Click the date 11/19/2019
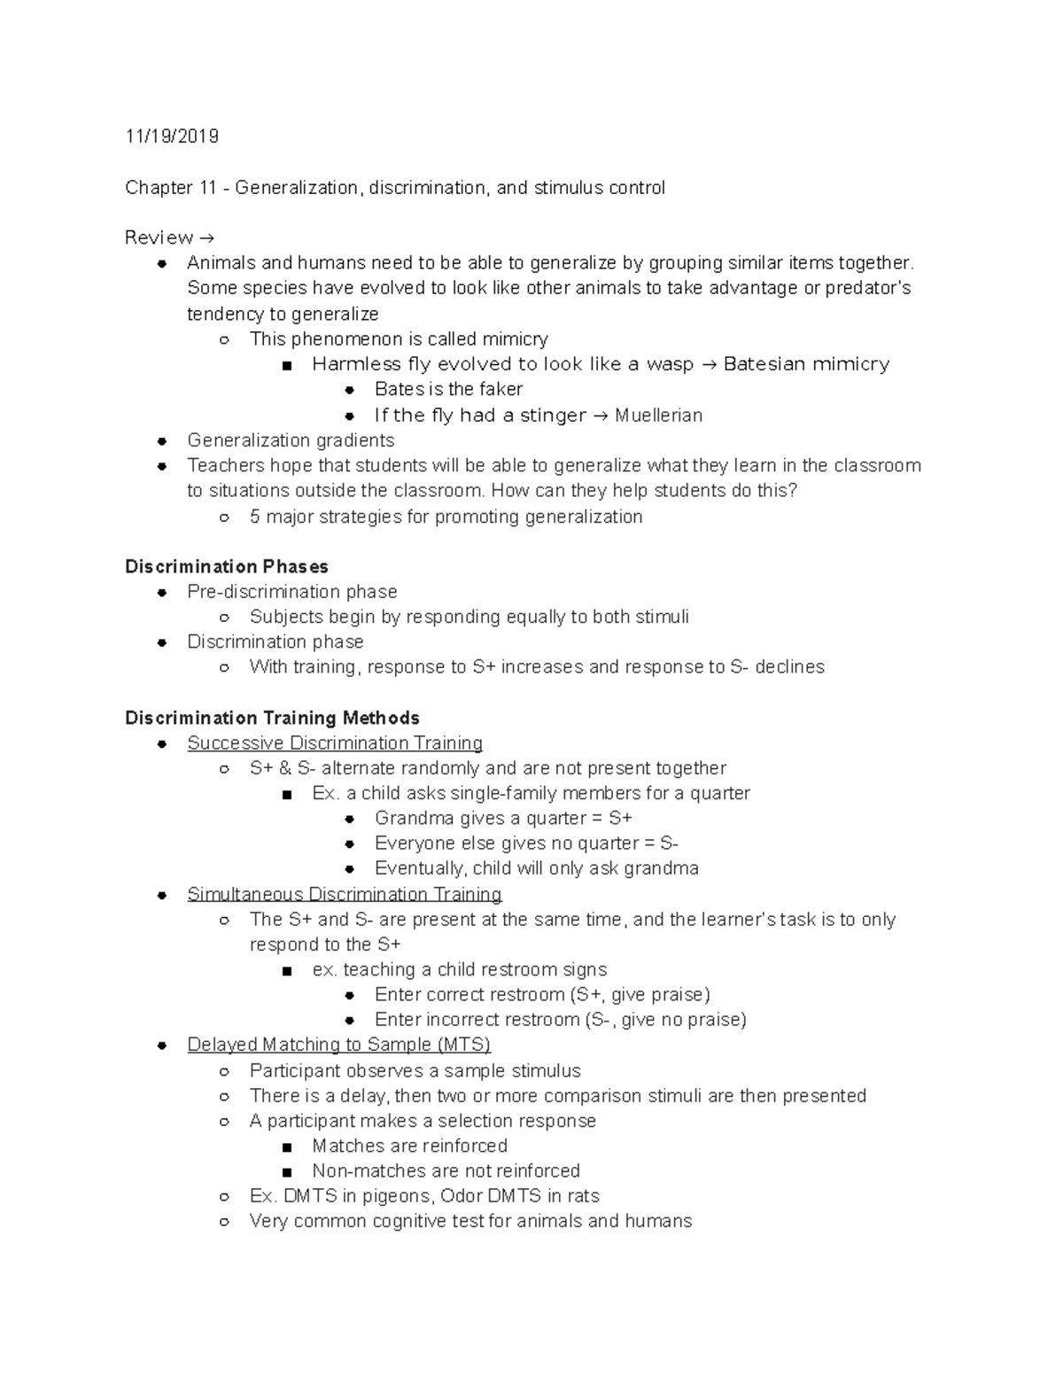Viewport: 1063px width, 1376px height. pos(171,136)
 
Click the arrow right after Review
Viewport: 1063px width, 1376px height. pos(206,238)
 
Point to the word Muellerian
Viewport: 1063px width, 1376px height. pos(658,416)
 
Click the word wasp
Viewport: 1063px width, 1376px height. pos(670,364)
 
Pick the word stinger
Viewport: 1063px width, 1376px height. pos(553,416)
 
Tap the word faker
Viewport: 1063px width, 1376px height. pos(500,390)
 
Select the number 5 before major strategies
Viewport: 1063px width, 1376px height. pos(255,517)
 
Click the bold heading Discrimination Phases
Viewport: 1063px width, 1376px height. pos(227,567)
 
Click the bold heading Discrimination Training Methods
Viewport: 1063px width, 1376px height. pos(272,718)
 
